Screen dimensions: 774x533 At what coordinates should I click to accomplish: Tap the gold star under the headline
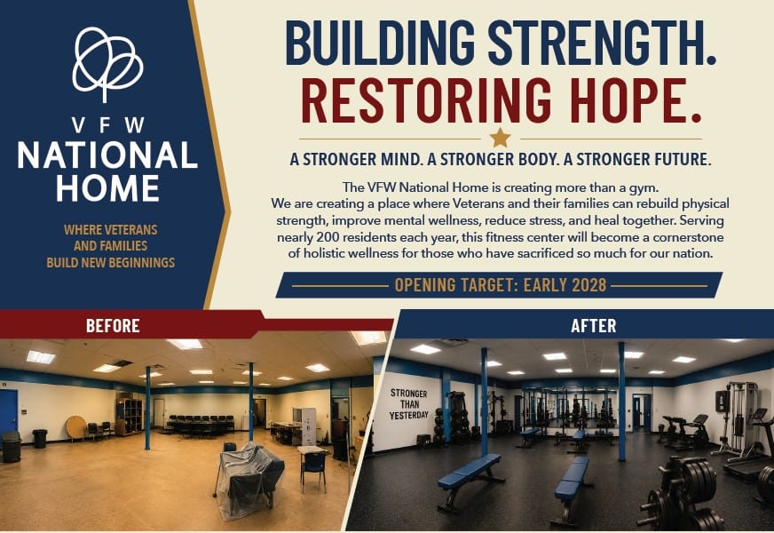500,138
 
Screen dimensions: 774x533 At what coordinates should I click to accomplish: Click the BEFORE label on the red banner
113,325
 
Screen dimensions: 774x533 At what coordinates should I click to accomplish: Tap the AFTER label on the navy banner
593,325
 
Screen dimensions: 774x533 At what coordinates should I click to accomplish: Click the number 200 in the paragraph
328,237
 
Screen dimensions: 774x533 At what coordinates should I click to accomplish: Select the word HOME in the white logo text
107,188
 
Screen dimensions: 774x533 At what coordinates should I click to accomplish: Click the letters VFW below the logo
107,125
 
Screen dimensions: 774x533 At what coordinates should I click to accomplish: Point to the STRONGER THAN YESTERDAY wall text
408,404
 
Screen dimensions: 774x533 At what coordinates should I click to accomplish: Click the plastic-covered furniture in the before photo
249,479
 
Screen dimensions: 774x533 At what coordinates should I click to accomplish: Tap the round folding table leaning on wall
76,428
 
